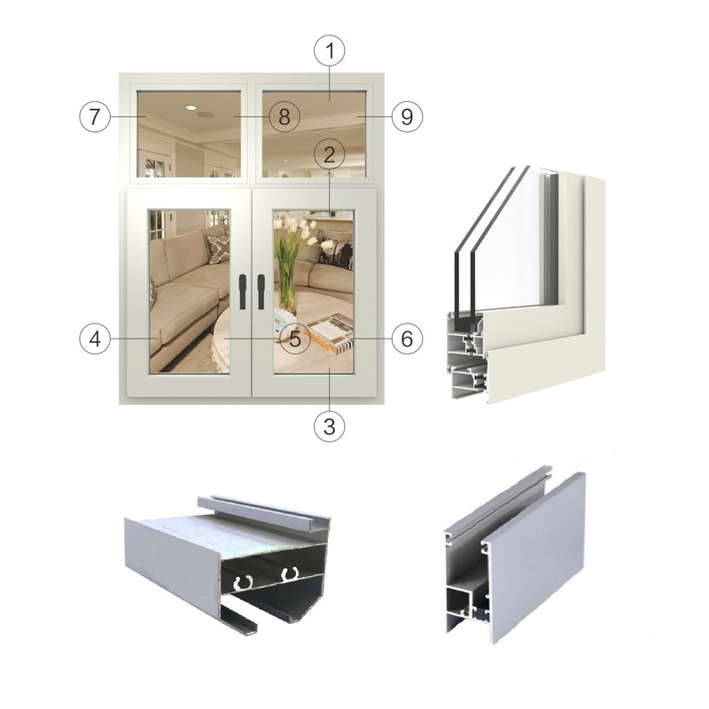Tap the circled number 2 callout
point(329,154)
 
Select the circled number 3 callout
point(329,425)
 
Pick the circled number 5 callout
point(295,338)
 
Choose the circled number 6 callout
point(407,338)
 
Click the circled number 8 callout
point(284,116)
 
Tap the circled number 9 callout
point(407,116)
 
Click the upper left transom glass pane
point(189,133)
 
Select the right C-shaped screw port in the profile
point(287,576)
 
